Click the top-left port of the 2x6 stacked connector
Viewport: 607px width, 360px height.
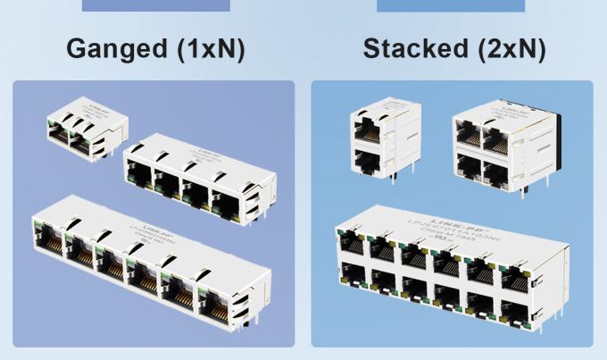point(351,243)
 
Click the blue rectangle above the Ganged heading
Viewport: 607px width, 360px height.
point(155,5)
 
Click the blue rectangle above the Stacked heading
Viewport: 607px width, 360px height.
point(450,5)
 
